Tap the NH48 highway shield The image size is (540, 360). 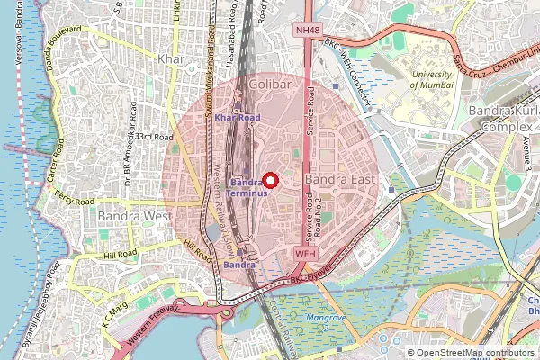point(308,31)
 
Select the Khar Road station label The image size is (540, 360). point(238,118)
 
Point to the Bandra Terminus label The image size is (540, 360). point(246,186)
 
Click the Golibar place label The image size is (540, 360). point(267,84)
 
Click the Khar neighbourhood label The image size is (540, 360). point(170,59)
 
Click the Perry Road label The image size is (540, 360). point(74,197)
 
